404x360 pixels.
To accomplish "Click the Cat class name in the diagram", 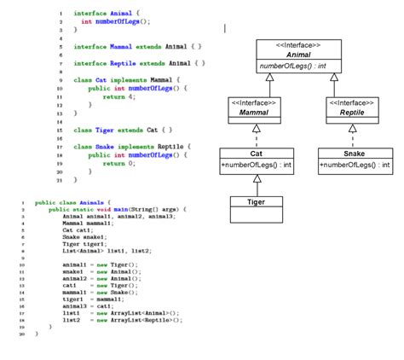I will tap(255, 154).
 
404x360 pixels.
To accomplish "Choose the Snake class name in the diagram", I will tap(355, 154).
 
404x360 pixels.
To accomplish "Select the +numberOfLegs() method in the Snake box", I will tap(355, 165).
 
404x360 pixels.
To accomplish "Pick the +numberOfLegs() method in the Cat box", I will tap(255, 165).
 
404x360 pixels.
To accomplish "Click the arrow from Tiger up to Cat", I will tap(255, 185).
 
